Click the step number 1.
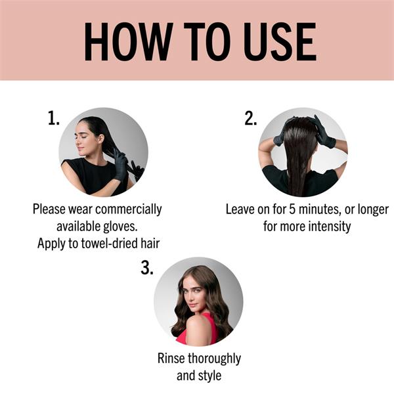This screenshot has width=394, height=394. pyautogui.click(x=54, y=118)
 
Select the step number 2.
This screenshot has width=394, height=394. pyautogui.click(x=251, y=118)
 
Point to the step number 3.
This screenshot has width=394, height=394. pyautogui.click(x=147, y=268)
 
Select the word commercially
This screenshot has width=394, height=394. pyautogui.click(x=129, y=209)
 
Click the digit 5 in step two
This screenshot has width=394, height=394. pyautogui.click(x=292, y=209)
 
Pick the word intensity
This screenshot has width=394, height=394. pyautogui.click(x=330, y=226)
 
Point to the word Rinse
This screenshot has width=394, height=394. pyautogui.click(x=171, y=359)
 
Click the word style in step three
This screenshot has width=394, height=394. pyautogui.click(x=210, y=376)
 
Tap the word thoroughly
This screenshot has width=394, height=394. pyautogui.click(x=214, y=359)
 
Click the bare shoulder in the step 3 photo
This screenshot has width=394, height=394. pyautogui.click(x=198, y=326)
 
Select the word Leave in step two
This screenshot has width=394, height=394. pyautogui.click(x=240, y=209)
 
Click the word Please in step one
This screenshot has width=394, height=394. pyautogui.click(x=49, y=209)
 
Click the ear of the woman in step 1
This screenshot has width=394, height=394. pyautogui.click(x=101, y=139)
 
